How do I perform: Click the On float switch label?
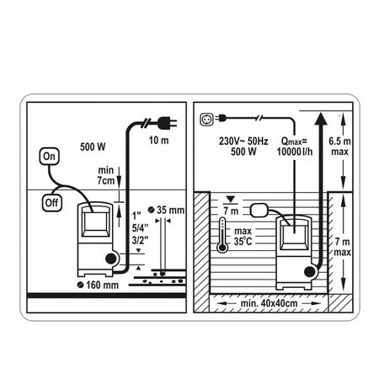tap(50, 157)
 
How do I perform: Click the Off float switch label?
tap(52, 203)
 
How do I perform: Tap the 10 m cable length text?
tap(158, 140)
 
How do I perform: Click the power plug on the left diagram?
tap(167, 123)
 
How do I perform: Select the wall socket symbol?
tap(206, 119)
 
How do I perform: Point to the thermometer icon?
tap(222, 235)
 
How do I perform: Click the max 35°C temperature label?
tap(243, 236)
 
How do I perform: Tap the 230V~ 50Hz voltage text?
tap(243, 141)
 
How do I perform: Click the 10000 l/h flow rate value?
tap(295, 152)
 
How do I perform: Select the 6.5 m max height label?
tap(339, 147)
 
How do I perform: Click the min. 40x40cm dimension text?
tap(269, 303)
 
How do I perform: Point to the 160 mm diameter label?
tap(98, 285)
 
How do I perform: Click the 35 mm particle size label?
tap(166, 210)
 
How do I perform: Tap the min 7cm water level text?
tap(106, 175)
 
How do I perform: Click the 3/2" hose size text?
tap(140, 241)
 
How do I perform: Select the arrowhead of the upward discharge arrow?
tap(321, 119)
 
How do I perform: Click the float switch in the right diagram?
tap(259, 211)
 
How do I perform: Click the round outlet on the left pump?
tap(111, 259)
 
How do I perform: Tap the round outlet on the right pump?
tap(310, 272)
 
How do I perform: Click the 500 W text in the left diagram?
tap(93, 147)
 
